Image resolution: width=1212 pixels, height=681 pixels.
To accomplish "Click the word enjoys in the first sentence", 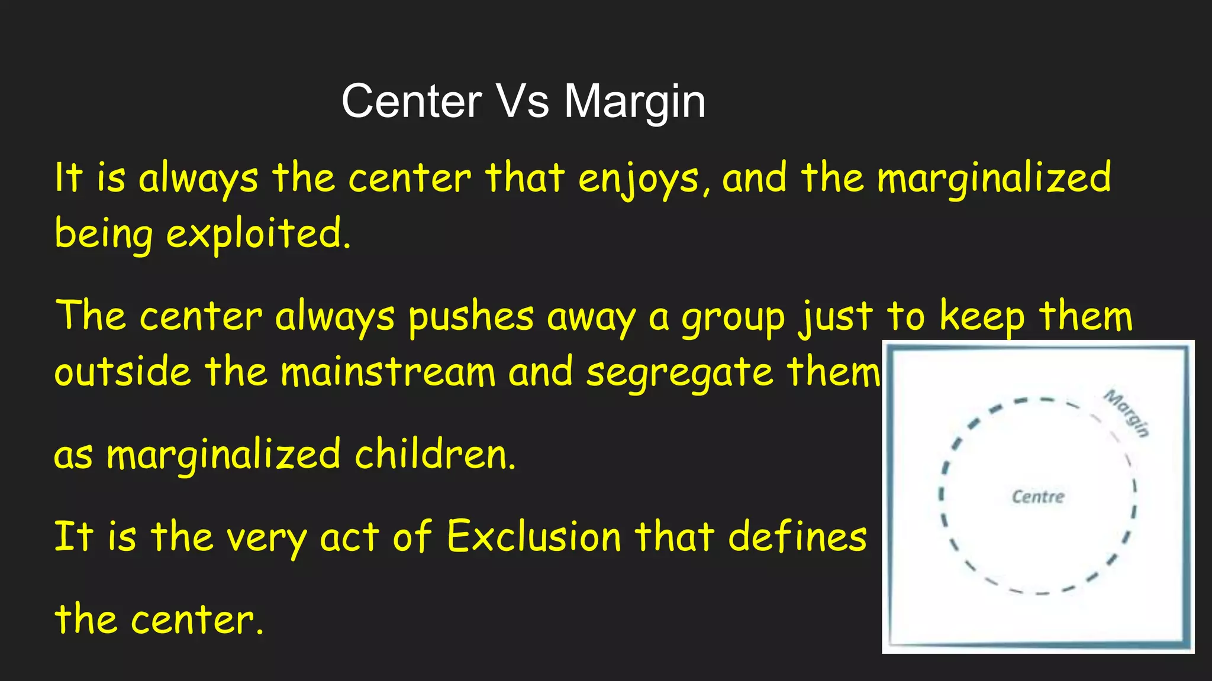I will (x=639, y=179).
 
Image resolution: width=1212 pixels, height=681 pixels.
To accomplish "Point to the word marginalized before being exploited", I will (x=994, y=179).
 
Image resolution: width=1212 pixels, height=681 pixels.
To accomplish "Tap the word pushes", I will (x=471, y=317).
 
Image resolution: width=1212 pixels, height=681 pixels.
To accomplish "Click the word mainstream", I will (x=388, y=372).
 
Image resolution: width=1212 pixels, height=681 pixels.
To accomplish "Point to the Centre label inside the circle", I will (x=1038, y=497).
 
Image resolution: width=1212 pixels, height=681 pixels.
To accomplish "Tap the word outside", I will (x=123, y=372).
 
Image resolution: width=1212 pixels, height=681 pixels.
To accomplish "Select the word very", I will (x=266, y=538).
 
